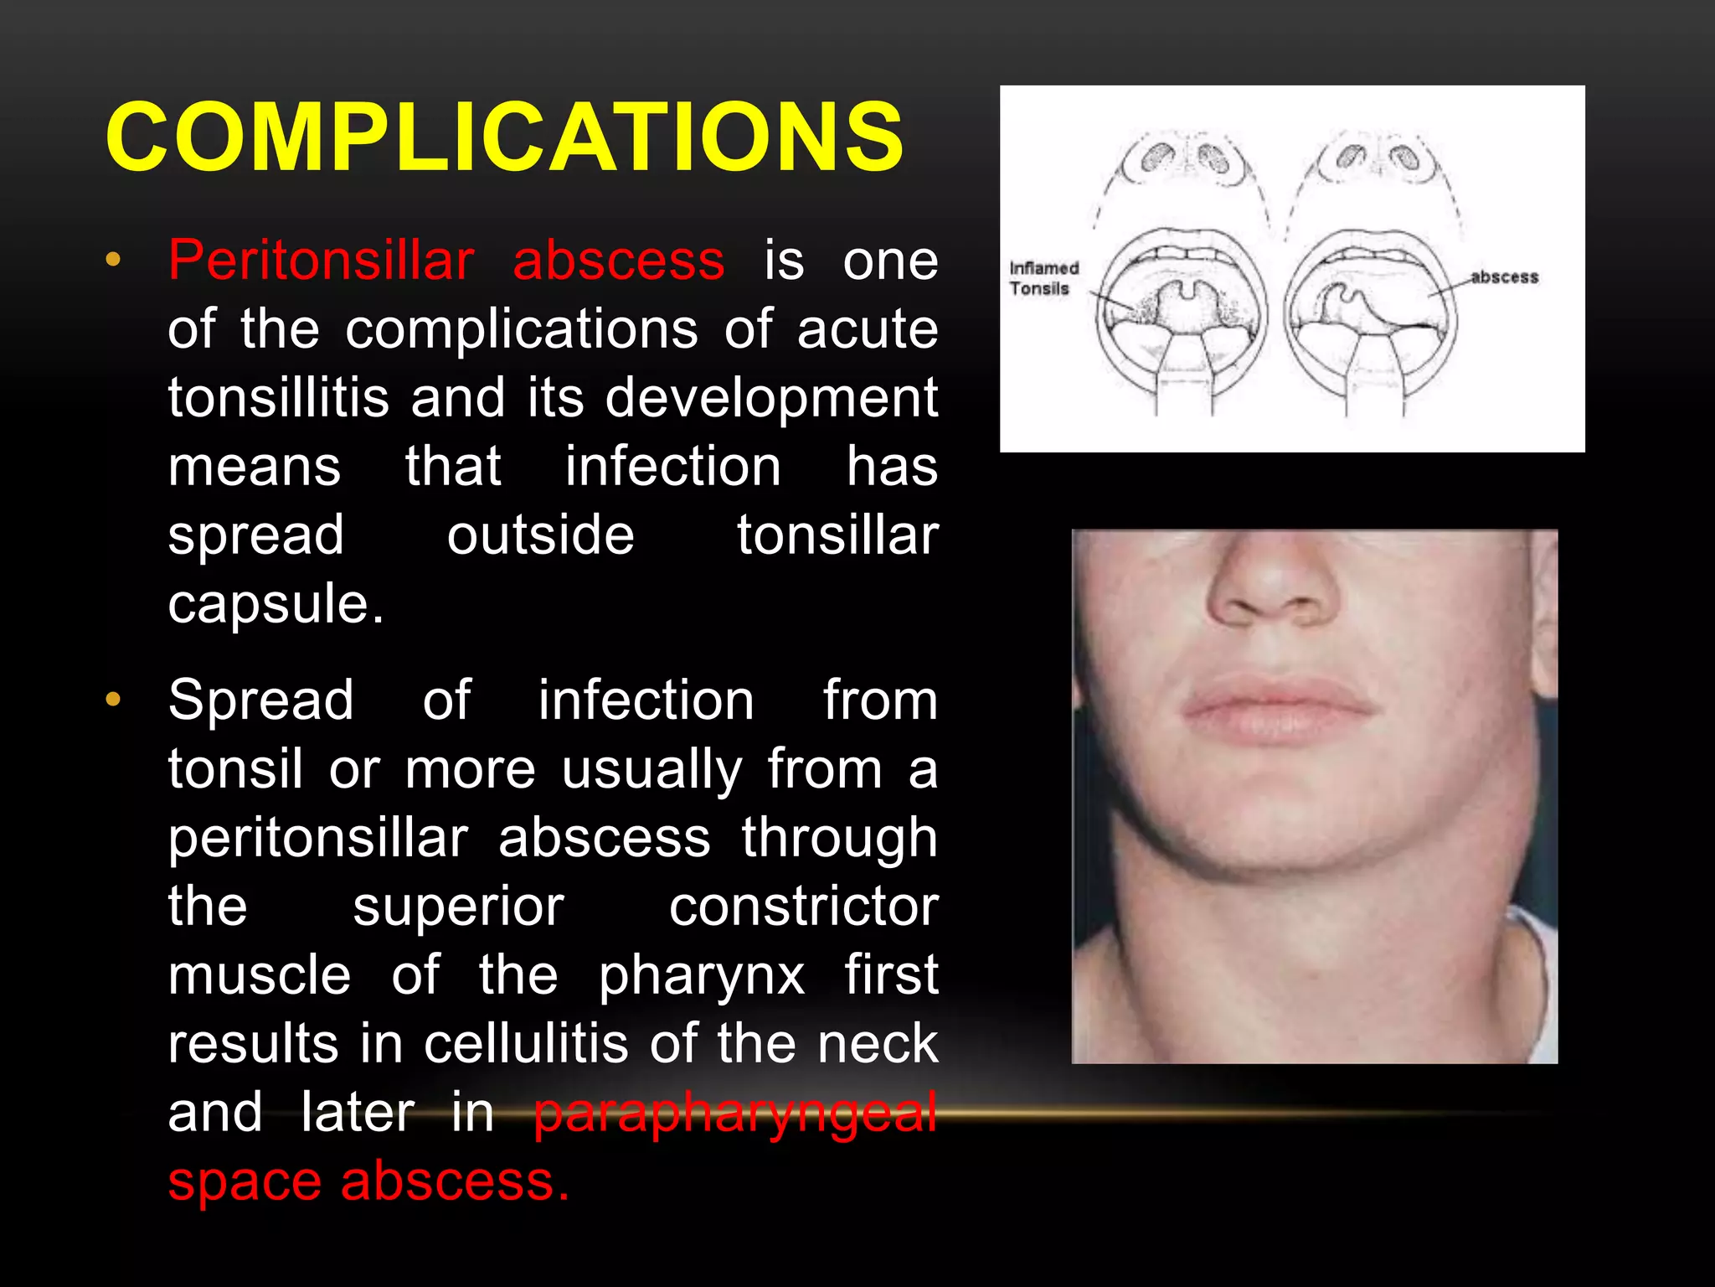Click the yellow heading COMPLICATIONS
click(x=504, y=137)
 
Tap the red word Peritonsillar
click(x=321, y=260)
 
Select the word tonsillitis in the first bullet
click(x=278, y=397)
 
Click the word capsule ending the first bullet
click(x=276, y=603)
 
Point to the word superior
click(x=458, y=907)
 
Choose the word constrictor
click(x=803, y=907)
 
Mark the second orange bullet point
click(x=113, y=699)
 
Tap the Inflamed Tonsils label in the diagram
click(x=1043, y=278)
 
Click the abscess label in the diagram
click(x=1504, y=277)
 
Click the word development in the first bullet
click(x=771, y=397)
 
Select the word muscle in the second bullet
click(x=260, y=975)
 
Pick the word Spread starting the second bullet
click(x=260, y=700)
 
